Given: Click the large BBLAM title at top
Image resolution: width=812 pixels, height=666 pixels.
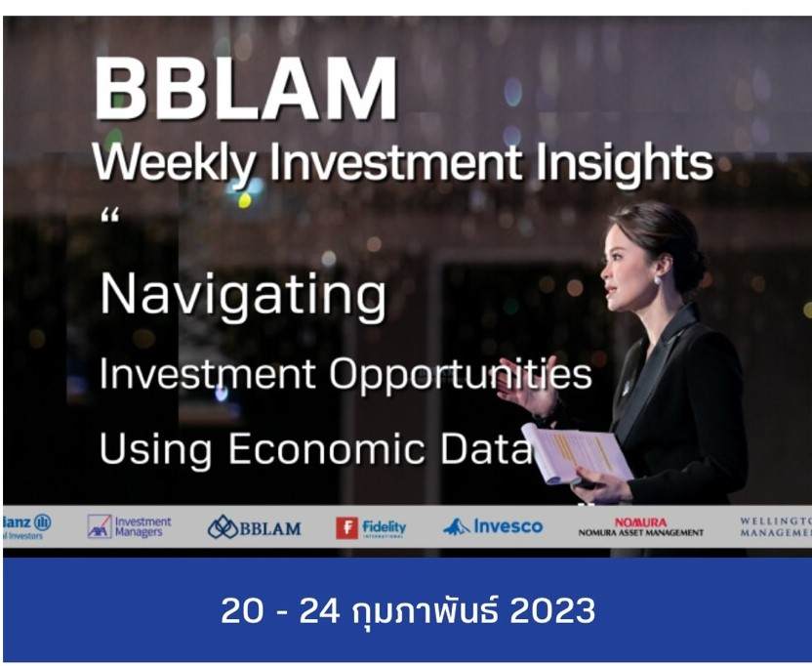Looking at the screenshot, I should tap(245, 89).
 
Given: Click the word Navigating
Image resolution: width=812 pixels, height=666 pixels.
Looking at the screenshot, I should tap(243, 296).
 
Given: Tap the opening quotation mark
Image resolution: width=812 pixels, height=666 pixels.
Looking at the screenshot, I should tap(108, 215).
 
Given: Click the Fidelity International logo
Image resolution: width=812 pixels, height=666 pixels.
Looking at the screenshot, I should tap(371, 527).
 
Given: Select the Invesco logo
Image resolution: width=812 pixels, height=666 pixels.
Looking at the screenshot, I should tap(493, 527).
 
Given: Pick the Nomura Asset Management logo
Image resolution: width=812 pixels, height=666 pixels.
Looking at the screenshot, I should tap(640, 527).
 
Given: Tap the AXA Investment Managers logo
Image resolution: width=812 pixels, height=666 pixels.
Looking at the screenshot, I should tap(129, 526).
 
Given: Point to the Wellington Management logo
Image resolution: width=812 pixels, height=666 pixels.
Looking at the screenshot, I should tap(776, 527).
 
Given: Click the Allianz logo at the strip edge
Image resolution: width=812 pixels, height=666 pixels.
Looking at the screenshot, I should tap(26, 526).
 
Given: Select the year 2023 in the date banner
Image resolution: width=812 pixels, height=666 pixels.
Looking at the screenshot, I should tap(552, 611).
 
